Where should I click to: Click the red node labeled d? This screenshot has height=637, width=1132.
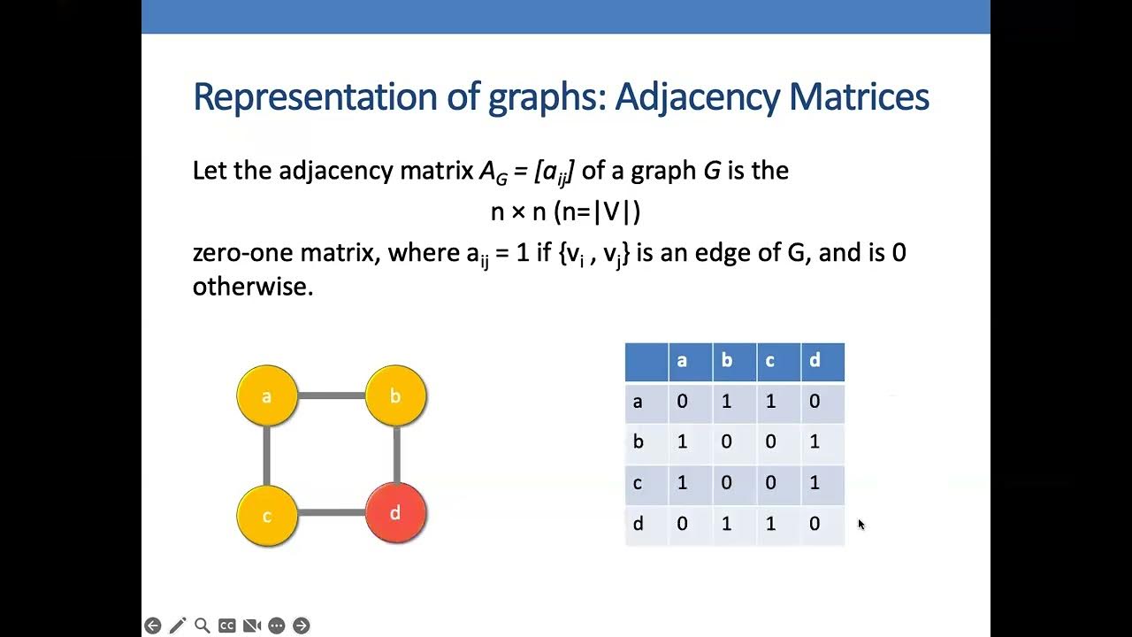[395, 513]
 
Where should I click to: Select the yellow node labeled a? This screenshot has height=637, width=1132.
[267, 395]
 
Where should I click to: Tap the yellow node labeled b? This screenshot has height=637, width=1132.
[395, 395]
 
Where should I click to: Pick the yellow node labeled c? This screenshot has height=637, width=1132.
[267, 516]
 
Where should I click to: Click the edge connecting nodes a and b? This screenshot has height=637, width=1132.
[332, 395]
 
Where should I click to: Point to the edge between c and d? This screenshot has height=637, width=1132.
[332, 513]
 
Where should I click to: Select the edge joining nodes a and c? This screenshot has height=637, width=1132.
[266, 456]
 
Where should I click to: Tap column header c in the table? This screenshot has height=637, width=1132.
[770, 361]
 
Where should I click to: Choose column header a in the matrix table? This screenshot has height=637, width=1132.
[682, 361]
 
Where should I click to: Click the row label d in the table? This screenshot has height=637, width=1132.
[638, 524]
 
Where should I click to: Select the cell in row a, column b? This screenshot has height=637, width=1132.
[726, 402]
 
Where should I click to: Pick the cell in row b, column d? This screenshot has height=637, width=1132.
[815, 441]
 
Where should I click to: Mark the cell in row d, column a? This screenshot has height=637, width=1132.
[682, 524]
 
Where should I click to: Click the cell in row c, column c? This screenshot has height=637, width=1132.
[770, 483]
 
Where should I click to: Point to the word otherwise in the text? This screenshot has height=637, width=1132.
[253, 288]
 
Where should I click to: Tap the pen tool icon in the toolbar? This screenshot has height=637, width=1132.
[178, 625]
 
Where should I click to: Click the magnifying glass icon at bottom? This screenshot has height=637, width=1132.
[203, 625]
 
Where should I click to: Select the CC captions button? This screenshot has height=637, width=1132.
[227, 625]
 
